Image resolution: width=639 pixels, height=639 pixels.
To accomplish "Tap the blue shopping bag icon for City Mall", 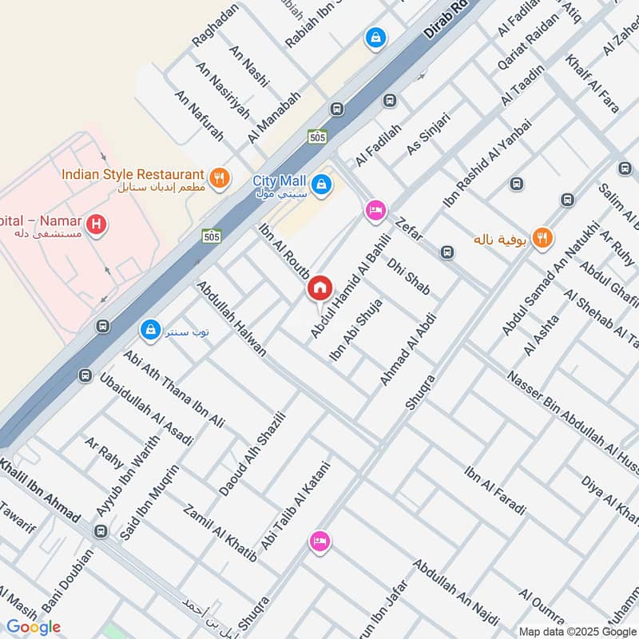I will pyautogui.click(x=321, y=185).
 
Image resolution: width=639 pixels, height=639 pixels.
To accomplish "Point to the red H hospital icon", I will pyautogui.click(x=97, y=225).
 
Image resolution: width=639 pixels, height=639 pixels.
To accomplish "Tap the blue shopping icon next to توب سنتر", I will pyautogui.click(x=149, y=328).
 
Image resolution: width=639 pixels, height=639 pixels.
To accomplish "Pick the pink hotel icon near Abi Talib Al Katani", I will pyautogui.click(x=319, y=542).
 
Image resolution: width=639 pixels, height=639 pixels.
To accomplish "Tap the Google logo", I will pyautogui.click(x=34, y=626).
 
